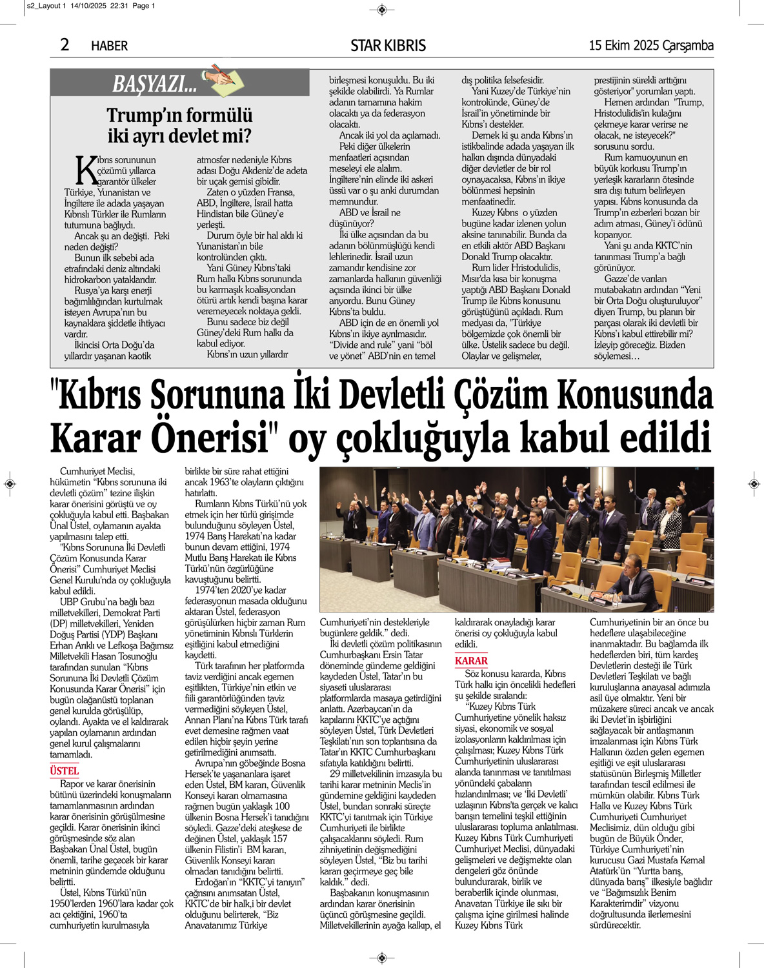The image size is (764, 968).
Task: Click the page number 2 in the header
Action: [65, 45]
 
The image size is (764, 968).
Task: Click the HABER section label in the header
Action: [109, 46]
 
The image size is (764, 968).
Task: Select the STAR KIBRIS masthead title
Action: [388, 46]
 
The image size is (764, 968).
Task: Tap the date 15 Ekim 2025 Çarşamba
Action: [650, 45]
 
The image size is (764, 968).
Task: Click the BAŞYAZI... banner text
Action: [155, 84]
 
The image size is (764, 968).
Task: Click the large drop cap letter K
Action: [86, 170]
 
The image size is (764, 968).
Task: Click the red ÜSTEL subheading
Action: [65, 771]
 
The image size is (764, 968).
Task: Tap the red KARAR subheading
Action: [471, 660]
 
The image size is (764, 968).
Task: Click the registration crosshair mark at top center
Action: [381, 10]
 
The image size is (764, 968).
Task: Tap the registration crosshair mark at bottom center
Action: [381, 957]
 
